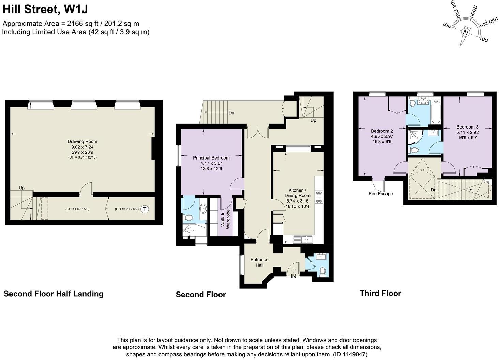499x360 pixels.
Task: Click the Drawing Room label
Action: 82,142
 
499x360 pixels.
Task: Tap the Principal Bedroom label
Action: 211,158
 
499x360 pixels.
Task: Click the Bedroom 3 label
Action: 467,127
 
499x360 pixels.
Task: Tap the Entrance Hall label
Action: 259,262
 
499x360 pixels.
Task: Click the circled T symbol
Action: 145,209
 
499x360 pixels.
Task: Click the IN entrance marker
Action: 293,276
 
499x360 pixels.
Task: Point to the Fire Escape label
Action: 381,194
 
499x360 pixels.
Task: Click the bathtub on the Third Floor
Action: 436,111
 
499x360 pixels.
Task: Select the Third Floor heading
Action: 380,293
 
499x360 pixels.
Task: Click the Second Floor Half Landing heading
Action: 54,294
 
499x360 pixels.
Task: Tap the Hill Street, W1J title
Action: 45,9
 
